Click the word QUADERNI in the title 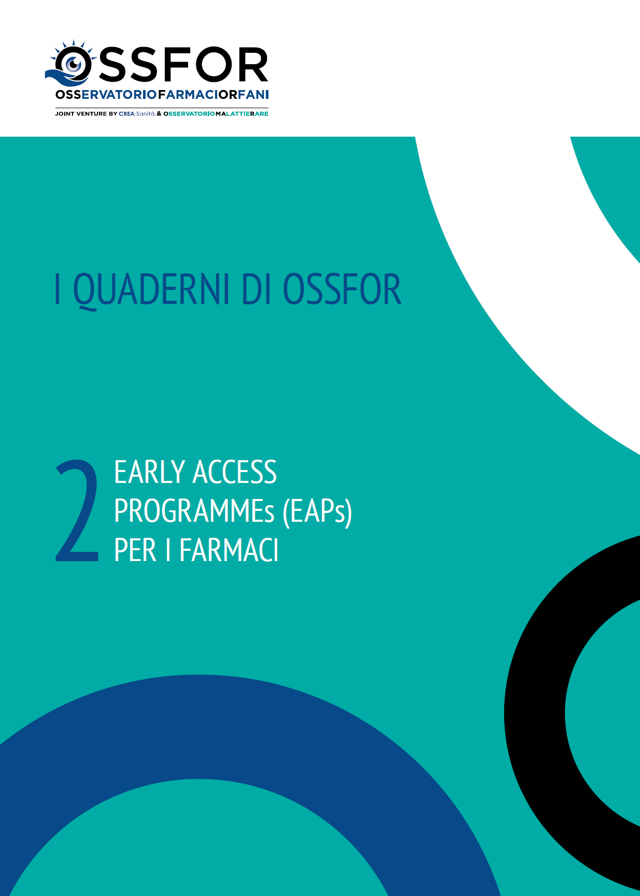pos(151,290)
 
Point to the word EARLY pos(149,472)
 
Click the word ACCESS pos(235,472)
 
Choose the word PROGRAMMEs pos(194,511)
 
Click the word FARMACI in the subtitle pos(229,550)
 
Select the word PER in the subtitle pos(135,550)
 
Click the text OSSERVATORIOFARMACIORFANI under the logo pos(162,95)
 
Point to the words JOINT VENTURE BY pos(86,114)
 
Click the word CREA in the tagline pos(126,114)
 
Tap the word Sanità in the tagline pos(145,114)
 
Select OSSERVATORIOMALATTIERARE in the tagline pos(216,114)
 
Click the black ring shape pos(534,714)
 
